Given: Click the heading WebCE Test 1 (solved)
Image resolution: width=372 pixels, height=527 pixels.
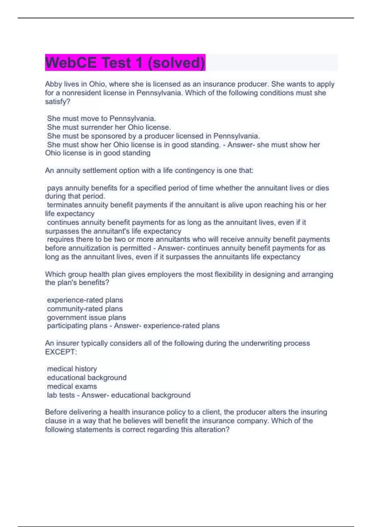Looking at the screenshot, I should [125, 63].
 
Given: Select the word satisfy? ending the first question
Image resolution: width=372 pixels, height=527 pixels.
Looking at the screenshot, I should [58, 102].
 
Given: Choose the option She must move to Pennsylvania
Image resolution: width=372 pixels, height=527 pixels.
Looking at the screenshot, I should [101, 119].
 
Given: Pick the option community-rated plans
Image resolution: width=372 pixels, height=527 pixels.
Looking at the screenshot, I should [85, 309].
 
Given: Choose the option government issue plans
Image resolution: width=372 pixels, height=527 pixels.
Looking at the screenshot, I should [86, 317].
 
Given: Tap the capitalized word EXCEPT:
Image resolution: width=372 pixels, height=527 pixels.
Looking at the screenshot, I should [61, 352].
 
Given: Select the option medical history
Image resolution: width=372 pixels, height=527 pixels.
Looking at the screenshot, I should [72, 369].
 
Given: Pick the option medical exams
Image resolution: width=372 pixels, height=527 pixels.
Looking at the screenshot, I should [72, 387].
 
